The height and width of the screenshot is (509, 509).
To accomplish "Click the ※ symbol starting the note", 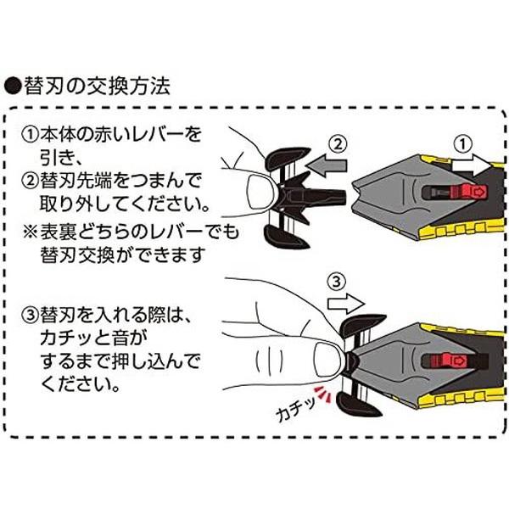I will [x=31, y=231].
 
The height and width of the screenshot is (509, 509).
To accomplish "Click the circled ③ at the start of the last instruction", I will [x=32, y=317].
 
